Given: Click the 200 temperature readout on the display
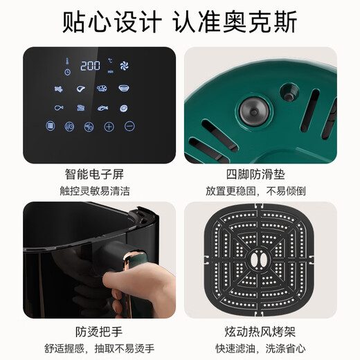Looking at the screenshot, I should point(90,66).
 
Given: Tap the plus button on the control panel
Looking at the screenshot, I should point(109,126).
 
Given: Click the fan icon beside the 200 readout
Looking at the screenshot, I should point(125,66).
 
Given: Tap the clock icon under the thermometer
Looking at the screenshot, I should point(68,71).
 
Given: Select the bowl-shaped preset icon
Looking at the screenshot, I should point(124,88).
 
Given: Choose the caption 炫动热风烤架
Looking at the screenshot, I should point(261,330).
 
